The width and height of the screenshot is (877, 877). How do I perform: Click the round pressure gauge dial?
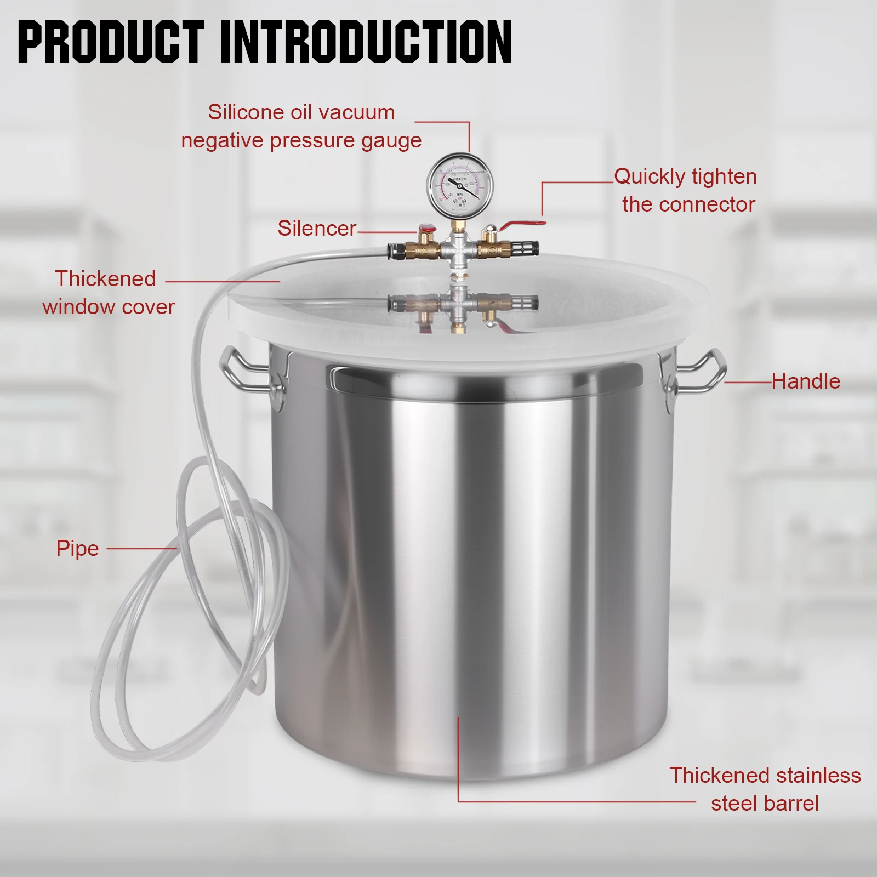click(x=460, y=185)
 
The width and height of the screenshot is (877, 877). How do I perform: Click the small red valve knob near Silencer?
click(x=426, y=229)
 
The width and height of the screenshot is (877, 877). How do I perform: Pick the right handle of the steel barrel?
click(x=699, y=372)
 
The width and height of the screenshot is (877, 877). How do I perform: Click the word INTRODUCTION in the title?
click(x=366, y=42)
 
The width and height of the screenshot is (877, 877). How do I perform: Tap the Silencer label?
click(x=316, y=229)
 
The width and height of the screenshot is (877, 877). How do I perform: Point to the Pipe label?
click(x=77, y=549)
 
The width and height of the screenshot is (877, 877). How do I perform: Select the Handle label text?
click(x=805, y=381)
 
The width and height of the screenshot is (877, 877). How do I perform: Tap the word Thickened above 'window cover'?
click(x=105, y=279)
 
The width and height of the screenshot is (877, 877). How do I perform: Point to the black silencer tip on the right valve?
click(x=528, y=248)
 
